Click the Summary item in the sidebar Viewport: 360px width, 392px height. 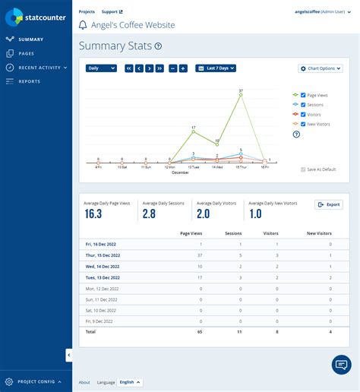(x=30, y=39)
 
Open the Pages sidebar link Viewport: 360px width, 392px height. (x=27, y=53)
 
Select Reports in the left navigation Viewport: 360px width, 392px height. (x=29, y=81)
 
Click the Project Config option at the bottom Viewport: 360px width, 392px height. (x=35, y=381)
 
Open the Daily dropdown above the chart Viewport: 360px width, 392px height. (x=101, y=68)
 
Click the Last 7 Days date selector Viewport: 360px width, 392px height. (x=216, y=68)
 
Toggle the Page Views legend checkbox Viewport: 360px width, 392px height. (x=304, y=95)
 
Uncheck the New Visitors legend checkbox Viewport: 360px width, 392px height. (x=304, y=122)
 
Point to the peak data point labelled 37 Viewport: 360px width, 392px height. (x=241, y=95)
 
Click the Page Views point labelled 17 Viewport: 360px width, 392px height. (x=194, y=132)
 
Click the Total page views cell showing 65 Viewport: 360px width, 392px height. (x=200, y=332)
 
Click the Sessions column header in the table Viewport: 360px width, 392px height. (x=234, y=233)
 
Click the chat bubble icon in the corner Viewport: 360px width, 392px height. (x=341, y=365)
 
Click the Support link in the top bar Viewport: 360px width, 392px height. (x=112, y=12)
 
